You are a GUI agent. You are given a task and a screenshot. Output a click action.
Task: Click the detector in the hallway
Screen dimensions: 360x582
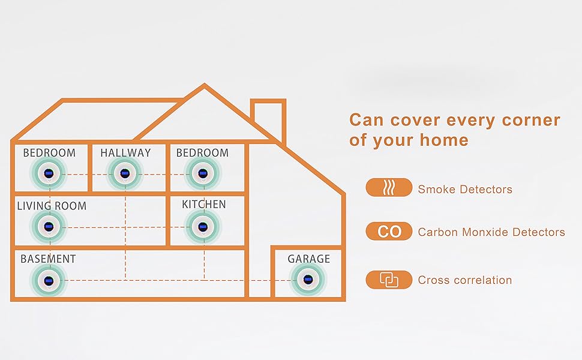[125, 174]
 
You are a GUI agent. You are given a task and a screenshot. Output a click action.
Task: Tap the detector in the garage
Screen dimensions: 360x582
[308, 280]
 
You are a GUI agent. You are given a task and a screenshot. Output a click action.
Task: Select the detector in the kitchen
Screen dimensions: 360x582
[204, 227]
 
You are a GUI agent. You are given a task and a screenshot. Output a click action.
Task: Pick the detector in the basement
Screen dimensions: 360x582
[49, 280]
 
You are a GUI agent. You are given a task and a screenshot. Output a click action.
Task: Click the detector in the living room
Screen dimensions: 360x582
[49, 227]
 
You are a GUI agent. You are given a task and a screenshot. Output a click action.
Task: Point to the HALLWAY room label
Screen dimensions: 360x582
[125, 153]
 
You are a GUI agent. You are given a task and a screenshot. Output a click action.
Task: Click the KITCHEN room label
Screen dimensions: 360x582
[204, 205]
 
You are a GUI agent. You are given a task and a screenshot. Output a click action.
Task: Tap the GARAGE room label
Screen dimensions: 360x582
[308, 259]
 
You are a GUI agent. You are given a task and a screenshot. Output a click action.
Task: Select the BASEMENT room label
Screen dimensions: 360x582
[48, 259]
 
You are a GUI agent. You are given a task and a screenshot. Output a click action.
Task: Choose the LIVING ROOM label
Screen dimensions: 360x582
[52, 206]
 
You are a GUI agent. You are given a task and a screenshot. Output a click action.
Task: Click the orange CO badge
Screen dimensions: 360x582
[389, 232]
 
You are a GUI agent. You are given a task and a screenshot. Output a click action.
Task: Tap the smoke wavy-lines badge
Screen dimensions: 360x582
[389, 188]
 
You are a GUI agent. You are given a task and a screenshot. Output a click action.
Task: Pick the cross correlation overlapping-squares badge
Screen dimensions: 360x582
[389, 280]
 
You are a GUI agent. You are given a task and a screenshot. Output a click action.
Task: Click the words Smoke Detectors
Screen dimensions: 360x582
[465, 190]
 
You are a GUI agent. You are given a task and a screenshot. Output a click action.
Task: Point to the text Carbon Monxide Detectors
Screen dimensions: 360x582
[491, 232]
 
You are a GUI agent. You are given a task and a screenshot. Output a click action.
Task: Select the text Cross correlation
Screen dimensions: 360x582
[465, 280]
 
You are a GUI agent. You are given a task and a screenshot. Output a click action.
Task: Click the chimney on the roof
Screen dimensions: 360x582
[267, 119]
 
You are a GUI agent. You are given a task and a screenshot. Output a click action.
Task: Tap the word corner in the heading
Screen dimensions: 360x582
[533, 119]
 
